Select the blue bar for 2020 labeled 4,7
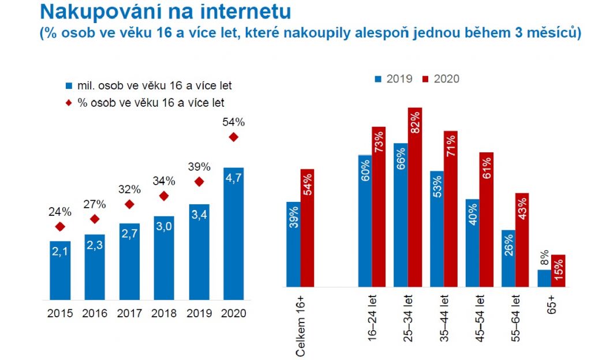coord(234,234)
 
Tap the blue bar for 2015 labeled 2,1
coord(60,271)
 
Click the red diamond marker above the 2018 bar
coord(164,196)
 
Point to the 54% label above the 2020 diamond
coord(234,122)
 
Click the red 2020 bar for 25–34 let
coord(415,197)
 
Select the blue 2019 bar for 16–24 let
coord(365,220)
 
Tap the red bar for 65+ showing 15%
coord(558,271)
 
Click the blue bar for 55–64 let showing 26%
coord(508,258)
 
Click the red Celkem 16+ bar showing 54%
coord(307,228)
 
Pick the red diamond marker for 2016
coord(95,219)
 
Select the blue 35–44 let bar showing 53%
coord(437,228)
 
